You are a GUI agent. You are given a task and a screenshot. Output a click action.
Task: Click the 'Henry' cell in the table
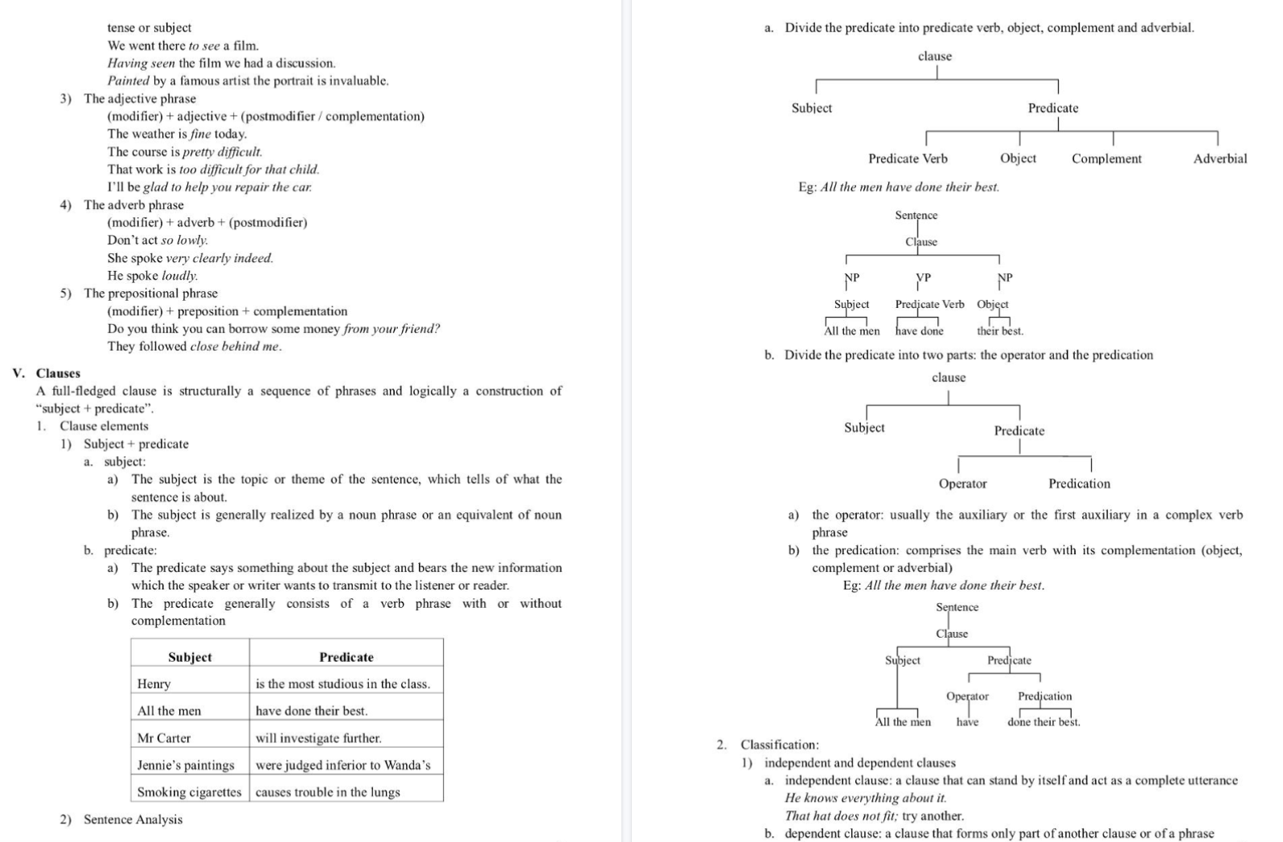tap(154, 684)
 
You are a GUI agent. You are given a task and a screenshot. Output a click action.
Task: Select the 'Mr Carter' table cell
tap(164, 737)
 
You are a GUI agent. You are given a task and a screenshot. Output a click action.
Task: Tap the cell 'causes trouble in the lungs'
tap(327, 792)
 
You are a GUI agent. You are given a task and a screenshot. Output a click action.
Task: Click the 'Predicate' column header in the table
tap(346, 657)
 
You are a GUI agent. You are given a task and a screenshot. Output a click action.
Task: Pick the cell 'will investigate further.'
tap(318, 737)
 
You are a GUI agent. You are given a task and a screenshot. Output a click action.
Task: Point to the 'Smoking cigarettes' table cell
tap(189, 792)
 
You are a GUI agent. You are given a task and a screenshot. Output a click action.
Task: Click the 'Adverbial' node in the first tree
tap(1219, 158)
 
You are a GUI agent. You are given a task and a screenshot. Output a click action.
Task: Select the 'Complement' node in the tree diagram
tap(1106, 158)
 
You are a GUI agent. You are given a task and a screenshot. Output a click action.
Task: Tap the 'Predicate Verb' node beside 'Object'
tap(908, 158)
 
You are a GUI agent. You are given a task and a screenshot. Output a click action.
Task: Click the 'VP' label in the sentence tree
tap(924, 277)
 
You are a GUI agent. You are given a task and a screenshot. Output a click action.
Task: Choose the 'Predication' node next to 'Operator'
tap(1079, 483)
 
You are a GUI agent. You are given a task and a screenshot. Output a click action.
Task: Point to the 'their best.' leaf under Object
tap(1000, 331)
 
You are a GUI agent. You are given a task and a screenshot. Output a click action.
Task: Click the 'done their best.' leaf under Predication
tap(1043, 722)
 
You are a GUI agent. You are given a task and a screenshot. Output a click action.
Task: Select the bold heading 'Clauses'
tap(58, 373)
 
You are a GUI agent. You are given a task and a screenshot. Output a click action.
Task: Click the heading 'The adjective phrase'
tap(140, 99)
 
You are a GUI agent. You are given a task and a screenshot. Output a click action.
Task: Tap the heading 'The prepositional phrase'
tap(150, 294)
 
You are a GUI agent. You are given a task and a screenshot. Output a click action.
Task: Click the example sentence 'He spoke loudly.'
tap(153, 276)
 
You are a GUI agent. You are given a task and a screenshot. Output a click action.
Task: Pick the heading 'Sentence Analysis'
tap(133, 819)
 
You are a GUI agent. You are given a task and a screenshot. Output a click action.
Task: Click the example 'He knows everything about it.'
tap(866, 798)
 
